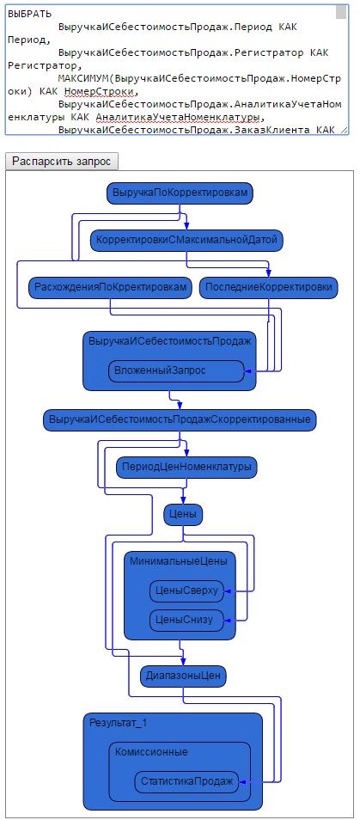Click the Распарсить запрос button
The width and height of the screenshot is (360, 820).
[x=62, y=161]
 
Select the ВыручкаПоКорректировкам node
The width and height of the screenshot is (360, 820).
[x=180, y=193]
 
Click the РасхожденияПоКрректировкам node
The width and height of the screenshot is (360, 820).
[x=111, y=288]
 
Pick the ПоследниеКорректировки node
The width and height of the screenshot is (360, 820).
[x=269, y=288]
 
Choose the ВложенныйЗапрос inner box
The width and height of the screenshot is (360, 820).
[x=176, y=370]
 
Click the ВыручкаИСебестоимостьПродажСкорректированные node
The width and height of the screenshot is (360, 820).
[x=180, y=419]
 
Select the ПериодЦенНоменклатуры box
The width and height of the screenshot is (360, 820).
[x=186, y=466]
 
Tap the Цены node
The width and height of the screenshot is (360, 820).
[x=183, y=514]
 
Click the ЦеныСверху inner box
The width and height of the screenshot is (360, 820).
[x=186, y=591]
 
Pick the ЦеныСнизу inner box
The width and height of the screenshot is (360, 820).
[x=186, y=621]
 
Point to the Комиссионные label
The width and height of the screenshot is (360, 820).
[x=151, y=752]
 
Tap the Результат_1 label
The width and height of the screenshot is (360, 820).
[x=119, y=723]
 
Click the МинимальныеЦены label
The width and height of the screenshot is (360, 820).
[x=179, y=561]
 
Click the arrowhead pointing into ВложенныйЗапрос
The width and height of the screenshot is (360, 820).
[x=247, y=370]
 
